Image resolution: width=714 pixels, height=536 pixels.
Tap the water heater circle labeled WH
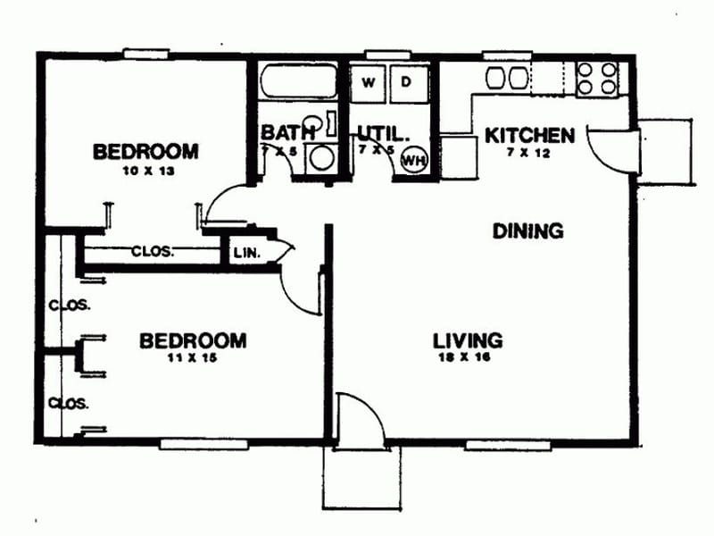(413, 160)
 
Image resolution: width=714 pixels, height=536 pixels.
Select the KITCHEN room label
(528, 136)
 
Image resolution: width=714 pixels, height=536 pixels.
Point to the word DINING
(528, 230)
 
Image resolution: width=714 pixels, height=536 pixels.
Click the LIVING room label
(468, 340)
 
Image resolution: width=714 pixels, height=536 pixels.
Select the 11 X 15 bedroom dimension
(192, 358)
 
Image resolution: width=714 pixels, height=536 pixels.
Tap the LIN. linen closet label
(246, 253)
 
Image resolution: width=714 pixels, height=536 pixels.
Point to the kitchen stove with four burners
(597, 78)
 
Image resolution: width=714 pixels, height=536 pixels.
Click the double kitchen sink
(507, 78)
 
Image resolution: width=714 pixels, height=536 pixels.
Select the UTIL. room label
(383, 134)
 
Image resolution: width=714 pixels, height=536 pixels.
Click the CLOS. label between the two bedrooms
(154, 251)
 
